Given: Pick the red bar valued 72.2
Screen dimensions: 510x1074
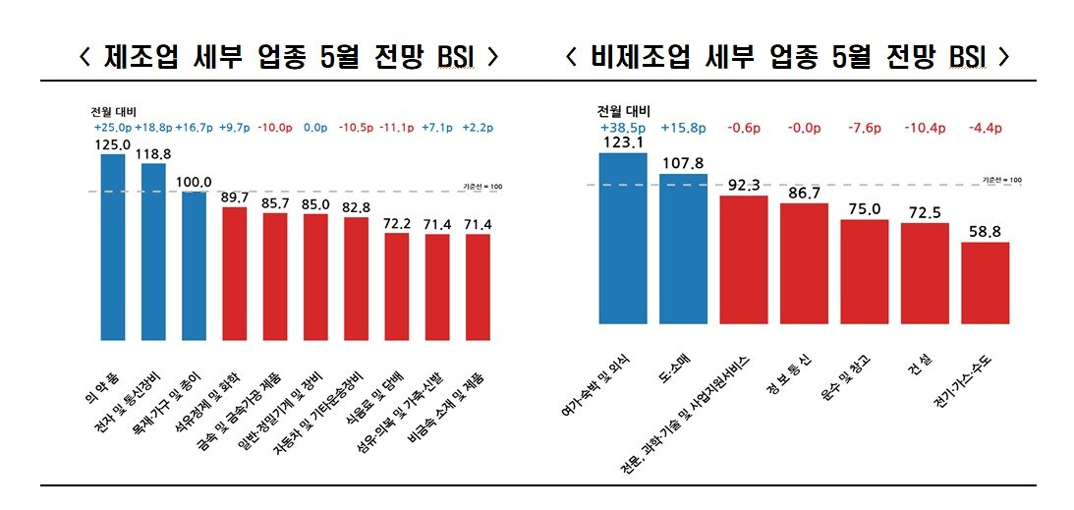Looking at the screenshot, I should coord(396,287).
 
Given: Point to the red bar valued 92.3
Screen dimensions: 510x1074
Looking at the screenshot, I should coord(744,260).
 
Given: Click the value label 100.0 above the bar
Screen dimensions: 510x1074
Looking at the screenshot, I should coord(194,182).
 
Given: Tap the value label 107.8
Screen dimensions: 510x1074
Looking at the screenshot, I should coord(683,164).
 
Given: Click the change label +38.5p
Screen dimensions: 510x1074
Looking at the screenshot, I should coord(622,127).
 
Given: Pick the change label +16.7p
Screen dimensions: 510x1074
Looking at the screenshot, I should coord(194,128).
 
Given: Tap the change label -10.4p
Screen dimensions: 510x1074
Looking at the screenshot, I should coord(925,127).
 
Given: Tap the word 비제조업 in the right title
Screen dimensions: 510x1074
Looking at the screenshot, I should coord(638,55).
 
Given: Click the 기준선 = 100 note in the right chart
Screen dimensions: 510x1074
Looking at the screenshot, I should coord(1001,181).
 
